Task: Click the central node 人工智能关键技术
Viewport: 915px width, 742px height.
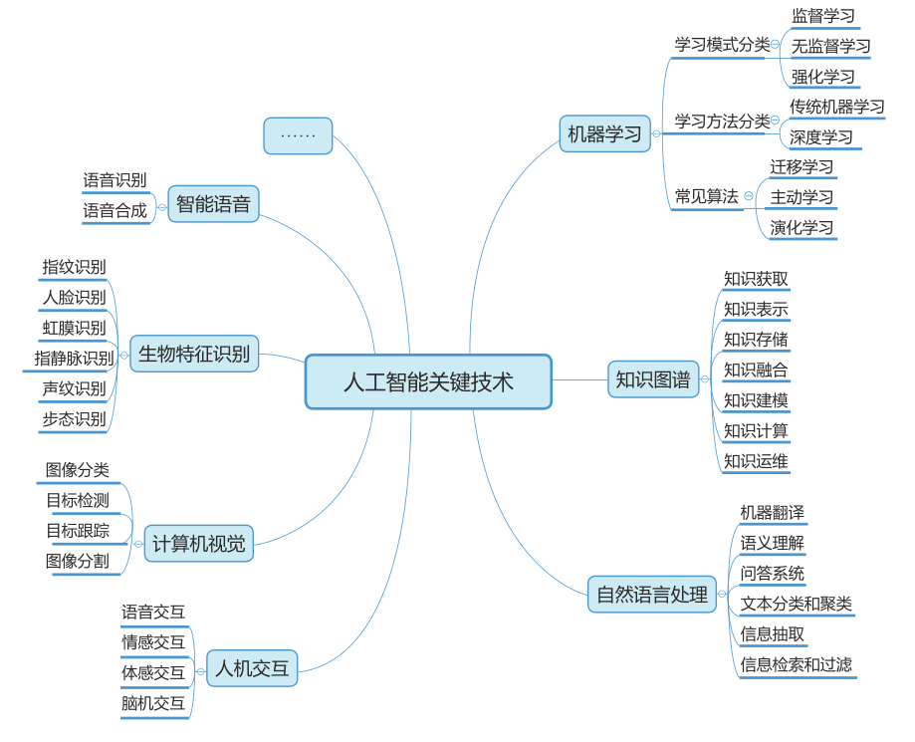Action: pyautogui.click(x=428, y=381)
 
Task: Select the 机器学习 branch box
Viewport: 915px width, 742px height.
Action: pyautogui.click(x=604, y=133)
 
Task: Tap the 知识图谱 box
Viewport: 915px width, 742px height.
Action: pyautogui.click(x=652, y=379)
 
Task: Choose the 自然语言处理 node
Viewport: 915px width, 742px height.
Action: pyautogui.click(x=651, y=595)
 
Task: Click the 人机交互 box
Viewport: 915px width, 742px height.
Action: pyautogui.click(x=252, y=667)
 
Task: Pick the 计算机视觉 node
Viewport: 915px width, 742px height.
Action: pyautogui.click(x=198, y=544)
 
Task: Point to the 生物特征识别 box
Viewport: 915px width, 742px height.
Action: pyautogui.click(x=194, y=354)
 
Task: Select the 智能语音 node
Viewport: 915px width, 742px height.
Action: pyautogui.click(x=213, y=204)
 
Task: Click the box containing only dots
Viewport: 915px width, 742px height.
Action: pyautogui.click(x=298, y=135)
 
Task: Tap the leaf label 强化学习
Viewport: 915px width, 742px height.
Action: pyautogui.click(x=822, y=77)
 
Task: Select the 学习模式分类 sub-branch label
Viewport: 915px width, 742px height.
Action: pyautogui.click(x=722, y=45)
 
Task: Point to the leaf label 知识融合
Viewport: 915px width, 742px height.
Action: pyautogui.click(x=756, y=370)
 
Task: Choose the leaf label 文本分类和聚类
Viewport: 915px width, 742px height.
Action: pyautogui.click(x=796, y=604)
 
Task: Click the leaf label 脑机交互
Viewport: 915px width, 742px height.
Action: pyautogui.click(x=153, y=703)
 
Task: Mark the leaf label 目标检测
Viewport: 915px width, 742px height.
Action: pyautogui.click(x=78, y=500)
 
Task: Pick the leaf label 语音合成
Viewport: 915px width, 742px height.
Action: pyautogui.click(x=114, y=210)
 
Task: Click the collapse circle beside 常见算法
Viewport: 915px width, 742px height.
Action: pyautogui.click(x=749, y=196)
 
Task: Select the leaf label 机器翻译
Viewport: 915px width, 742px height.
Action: pyautogui.click(x=772, y=512)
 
